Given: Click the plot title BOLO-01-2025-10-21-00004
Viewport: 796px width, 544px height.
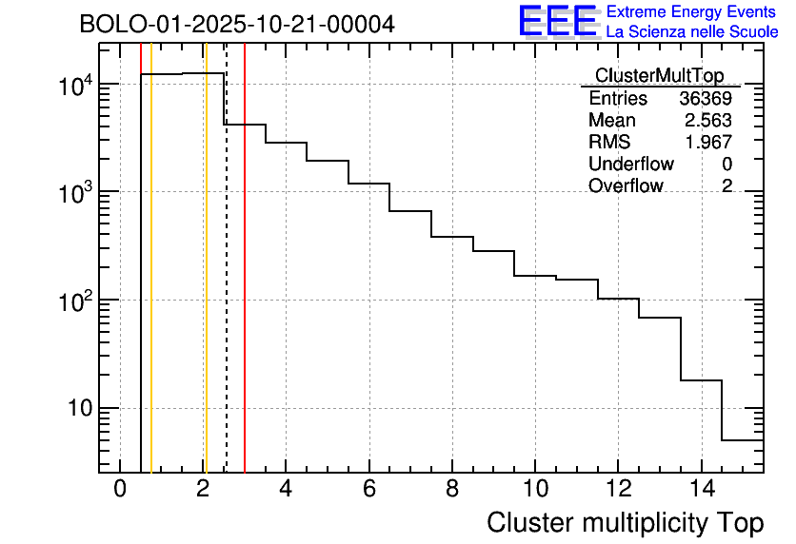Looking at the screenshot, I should pyautogui.click(x=236, y=24).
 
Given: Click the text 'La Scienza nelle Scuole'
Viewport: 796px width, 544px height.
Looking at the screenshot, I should pyautogui.click(x=692, y=32).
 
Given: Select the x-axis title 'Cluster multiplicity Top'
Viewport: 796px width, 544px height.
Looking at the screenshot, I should pyautogui.click(x=626, y=522).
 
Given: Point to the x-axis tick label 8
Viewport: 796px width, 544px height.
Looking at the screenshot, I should pyautogui.click(x=451, y=489).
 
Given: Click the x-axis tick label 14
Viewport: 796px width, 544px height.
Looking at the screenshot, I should pyautogui.click(x=700, y=489).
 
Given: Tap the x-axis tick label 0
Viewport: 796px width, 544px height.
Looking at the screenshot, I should pyautogui.click(x=120, y=489).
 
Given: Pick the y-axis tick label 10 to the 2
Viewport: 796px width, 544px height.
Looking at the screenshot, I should pyautogui.click(x=74, y=301).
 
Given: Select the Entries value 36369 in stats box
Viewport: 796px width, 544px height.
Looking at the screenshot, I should pyautogui.click(x=706, y=99).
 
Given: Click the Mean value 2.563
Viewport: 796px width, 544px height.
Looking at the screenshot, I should pyautogui.click(x=707, y=121).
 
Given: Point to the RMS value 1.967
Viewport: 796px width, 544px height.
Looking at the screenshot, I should pyautogui.click(x=707, y=143).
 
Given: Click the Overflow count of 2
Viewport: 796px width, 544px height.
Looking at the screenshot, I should pyautogui.click(x=726, y=186).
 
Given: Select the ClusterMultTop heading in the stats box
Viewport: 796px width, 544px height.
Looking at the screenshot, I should pyautogui.click(x=659, y=76).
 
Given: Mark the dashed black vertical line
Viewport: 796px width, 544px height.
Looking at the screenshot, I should pyautogui.click(x=227, y=285).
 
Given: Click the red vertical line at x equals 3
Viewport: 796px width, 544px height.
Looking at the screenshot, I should pyautogui.click(x=245, y=285).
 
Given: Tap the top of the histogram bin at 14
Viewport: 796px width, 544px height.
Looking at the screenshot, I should pyautogui.click(x=701, y=380).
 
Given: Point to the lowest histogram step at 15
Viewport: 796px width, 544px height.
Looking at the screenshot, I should pyautogui.click(x=743, y=440).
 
